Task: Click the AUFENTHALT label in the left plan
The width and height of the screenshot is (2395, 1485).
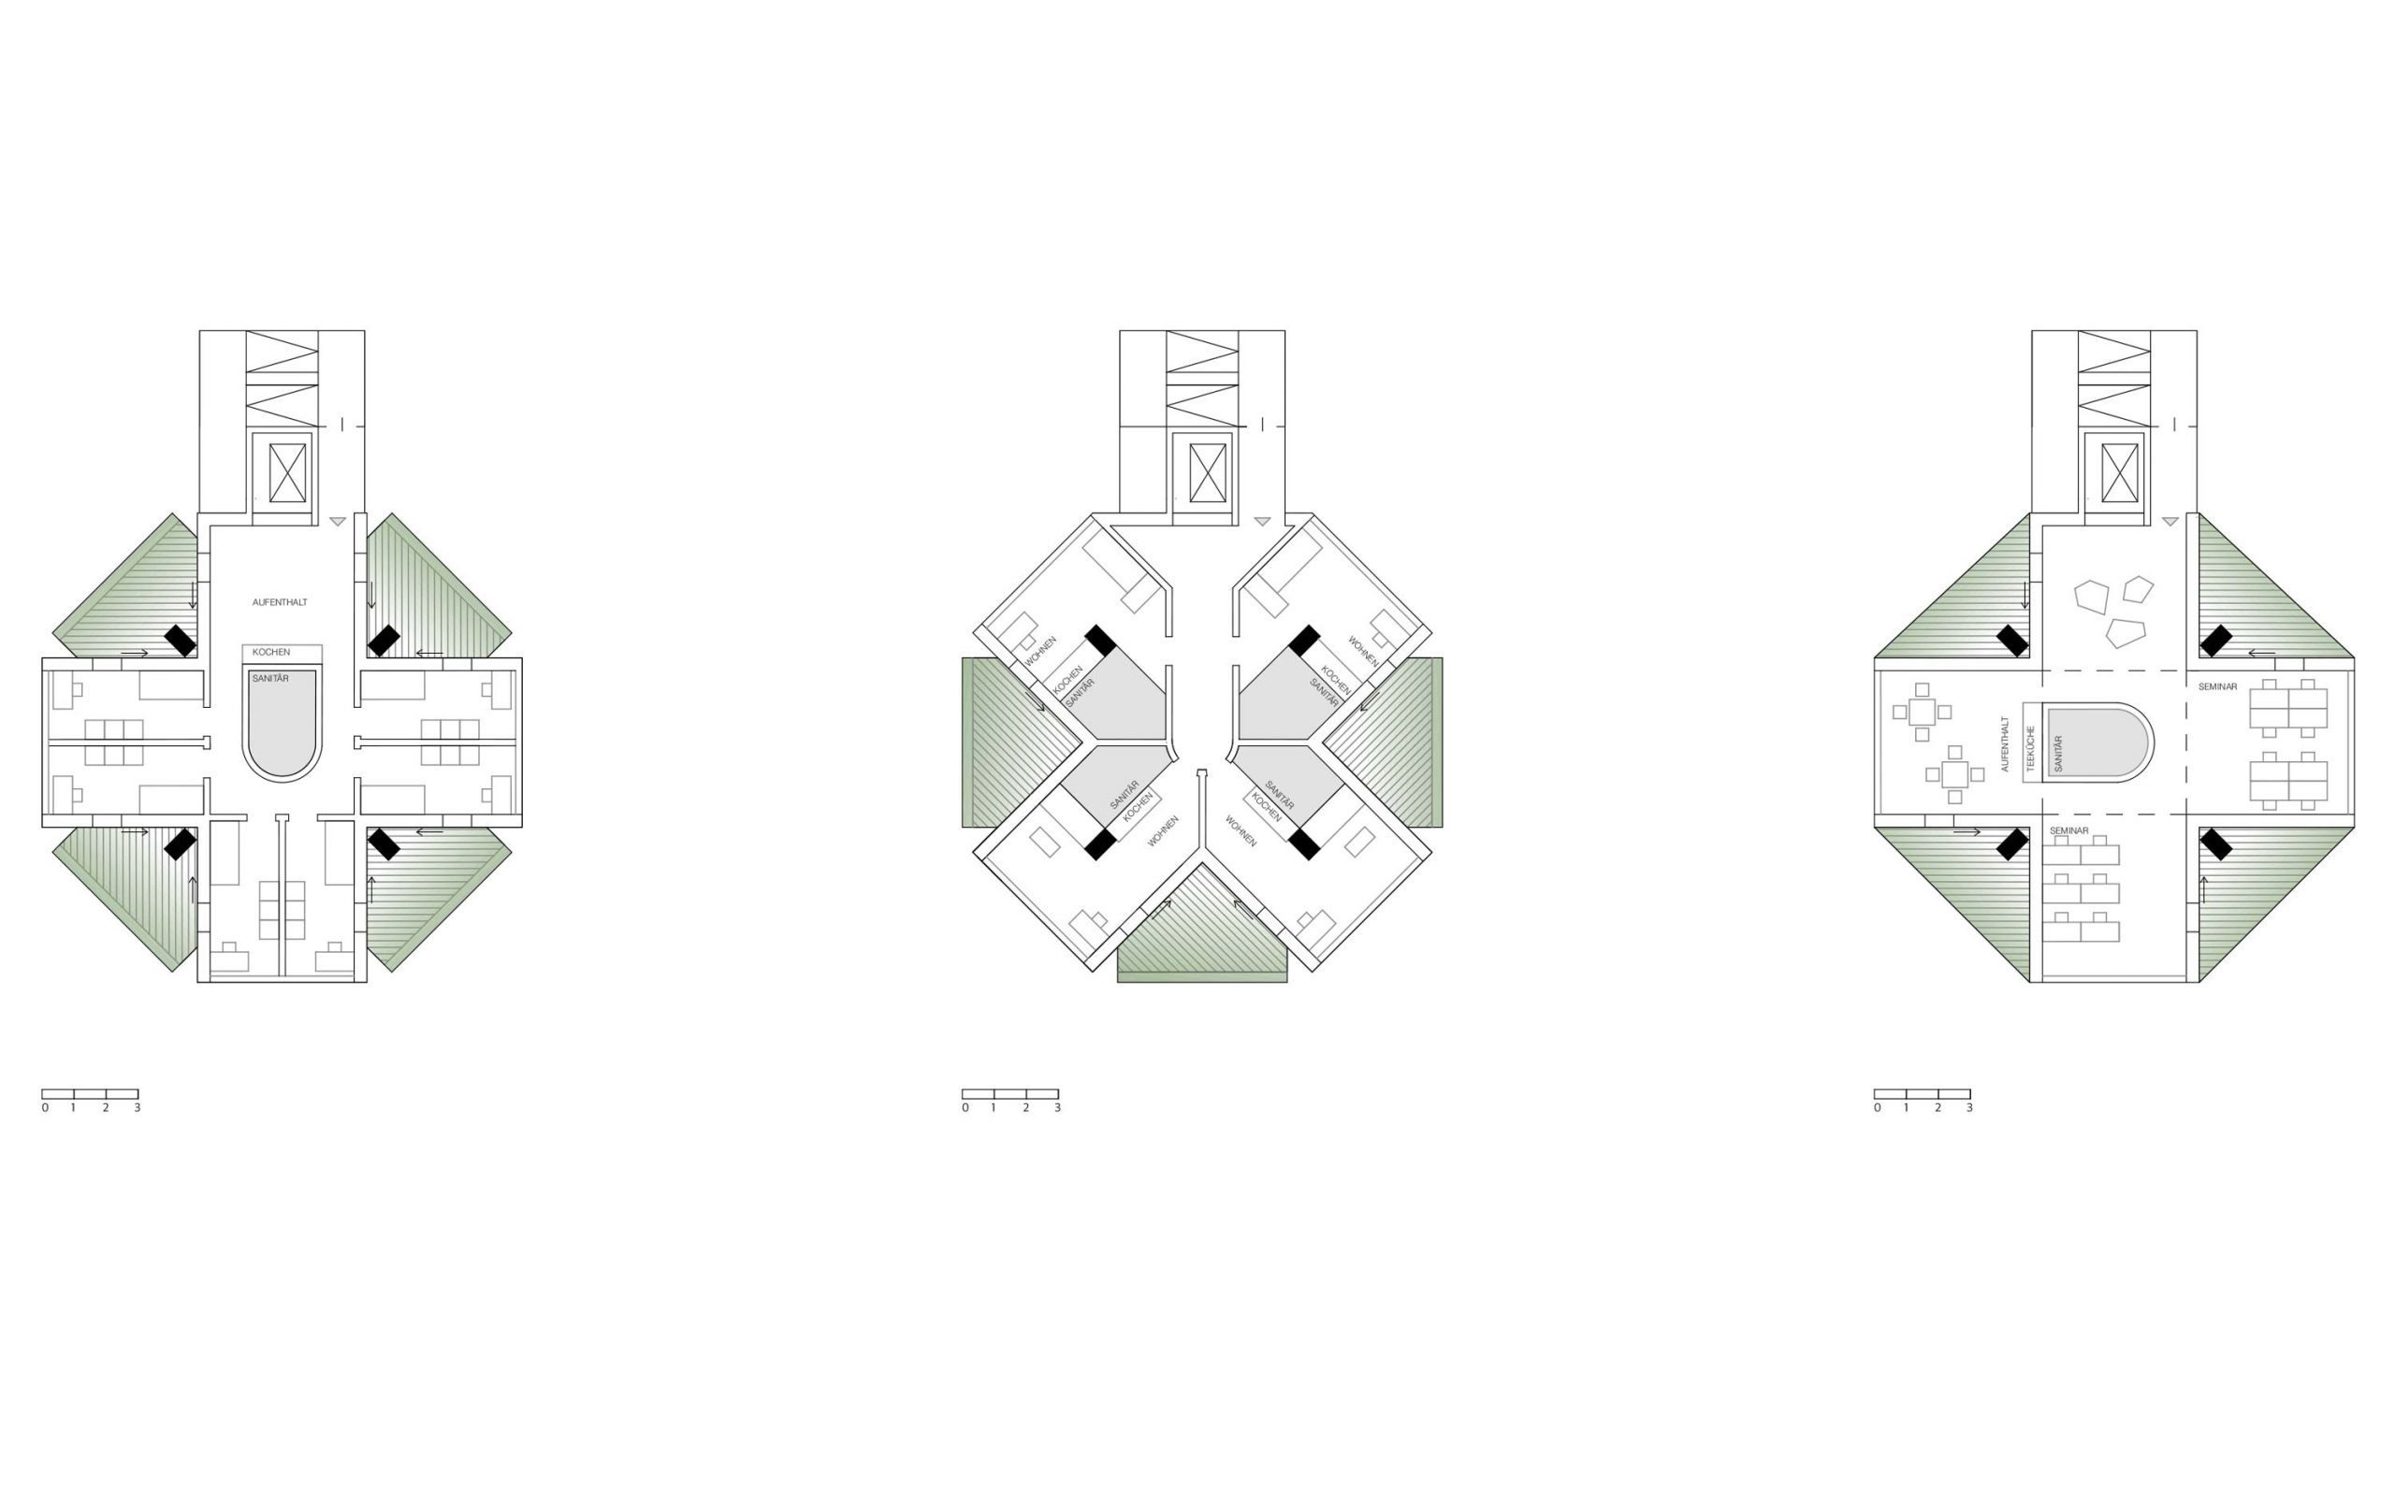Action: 280,602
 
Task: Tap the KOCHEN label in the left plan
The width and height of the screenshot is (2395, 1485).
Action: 271,652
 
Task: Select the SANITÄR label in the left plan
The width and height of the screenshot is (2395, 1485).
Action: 271,679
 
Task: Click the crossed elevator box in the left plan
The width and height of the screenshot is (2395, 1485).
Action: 288,472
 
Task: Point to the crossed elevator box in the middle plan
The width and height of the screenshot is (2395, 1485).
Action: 1208,472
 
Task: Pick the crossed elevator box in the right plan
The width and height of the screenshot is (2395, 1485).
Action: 2119,472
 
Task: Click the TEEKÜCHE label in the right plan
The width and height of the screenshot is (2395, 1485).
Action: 2030,748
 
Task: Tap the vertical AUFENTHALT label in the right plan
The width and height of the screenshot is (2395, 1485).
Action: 2005,743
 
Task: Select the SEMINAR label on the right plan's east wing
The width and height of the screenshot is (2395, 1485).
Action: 2217,686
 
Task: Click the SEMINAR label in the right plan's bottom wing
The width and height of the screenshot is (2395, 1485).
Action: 2068,831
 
